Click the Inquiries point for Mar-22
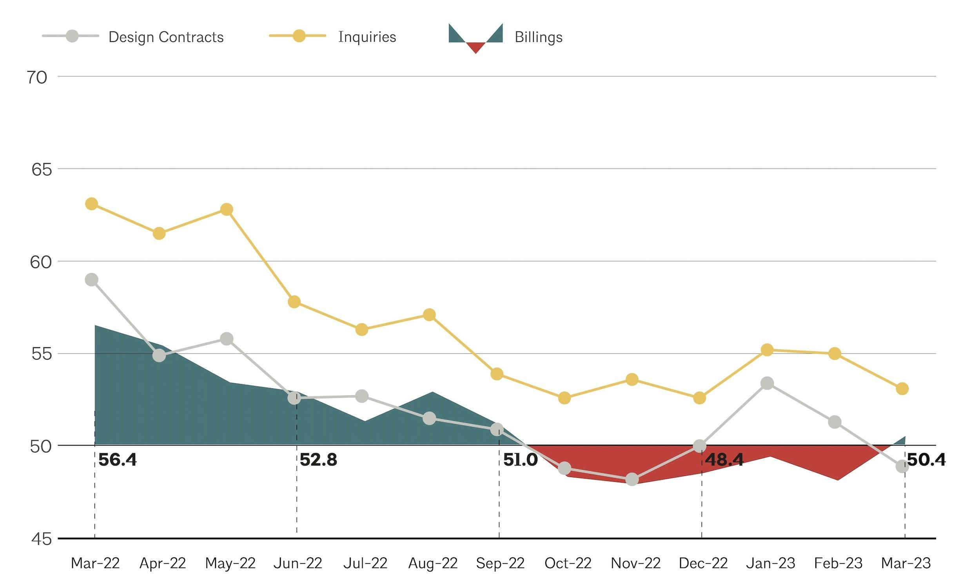pos(91,204)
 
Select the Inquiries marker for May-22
pos(227,209)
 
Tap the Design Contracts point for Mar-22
pos(91,280)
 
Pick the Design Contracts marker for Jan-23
pos(767,383)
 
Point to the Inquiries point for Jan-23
pos(767,350)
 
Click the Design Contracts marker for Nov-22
pos(632,479)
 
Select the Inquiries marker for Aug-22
pos(429,315)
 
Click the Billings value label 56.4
pos(117,460)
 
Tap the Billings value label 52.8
pos(318,460)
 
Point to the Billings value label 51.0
pos(520,460)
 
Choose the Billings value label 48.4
pos(724,460)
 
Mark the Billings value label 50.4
pos(926,460)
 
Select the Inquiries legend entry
pos(367,37)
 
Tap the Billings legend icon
pos(475,38)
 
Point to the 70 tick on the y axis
pos(37,78)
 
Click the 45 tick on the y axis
pos(41,539)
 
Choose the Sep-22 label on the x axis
pos(500,564)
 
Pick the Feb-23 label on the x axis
pos(838,564)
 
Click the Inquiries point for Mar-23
pos(902,389)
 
